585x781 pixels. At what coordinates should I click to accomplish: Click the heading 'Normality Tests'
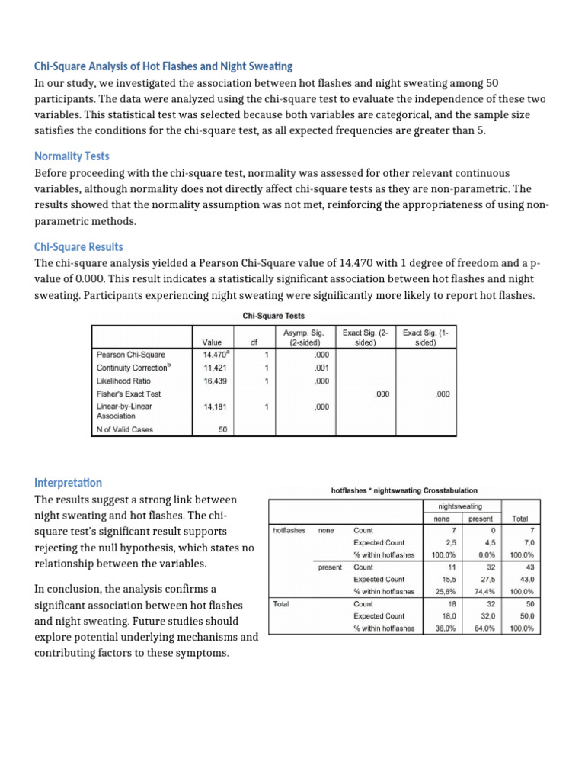[72, 156]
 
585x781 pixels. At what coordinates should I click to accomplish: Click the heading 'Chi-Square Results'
[78, 247]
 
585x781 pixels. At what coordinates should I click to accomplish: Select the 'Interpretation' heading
[69, 483]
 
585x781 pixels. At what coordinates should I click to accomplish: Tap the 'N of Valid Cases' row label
[125, 429]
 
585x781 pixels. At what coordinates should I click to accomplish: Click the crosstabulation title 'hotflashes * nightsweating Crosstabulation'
[404, 490]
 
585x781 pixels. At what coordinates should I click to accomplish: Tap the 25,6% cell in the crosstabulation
[443, 591]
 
